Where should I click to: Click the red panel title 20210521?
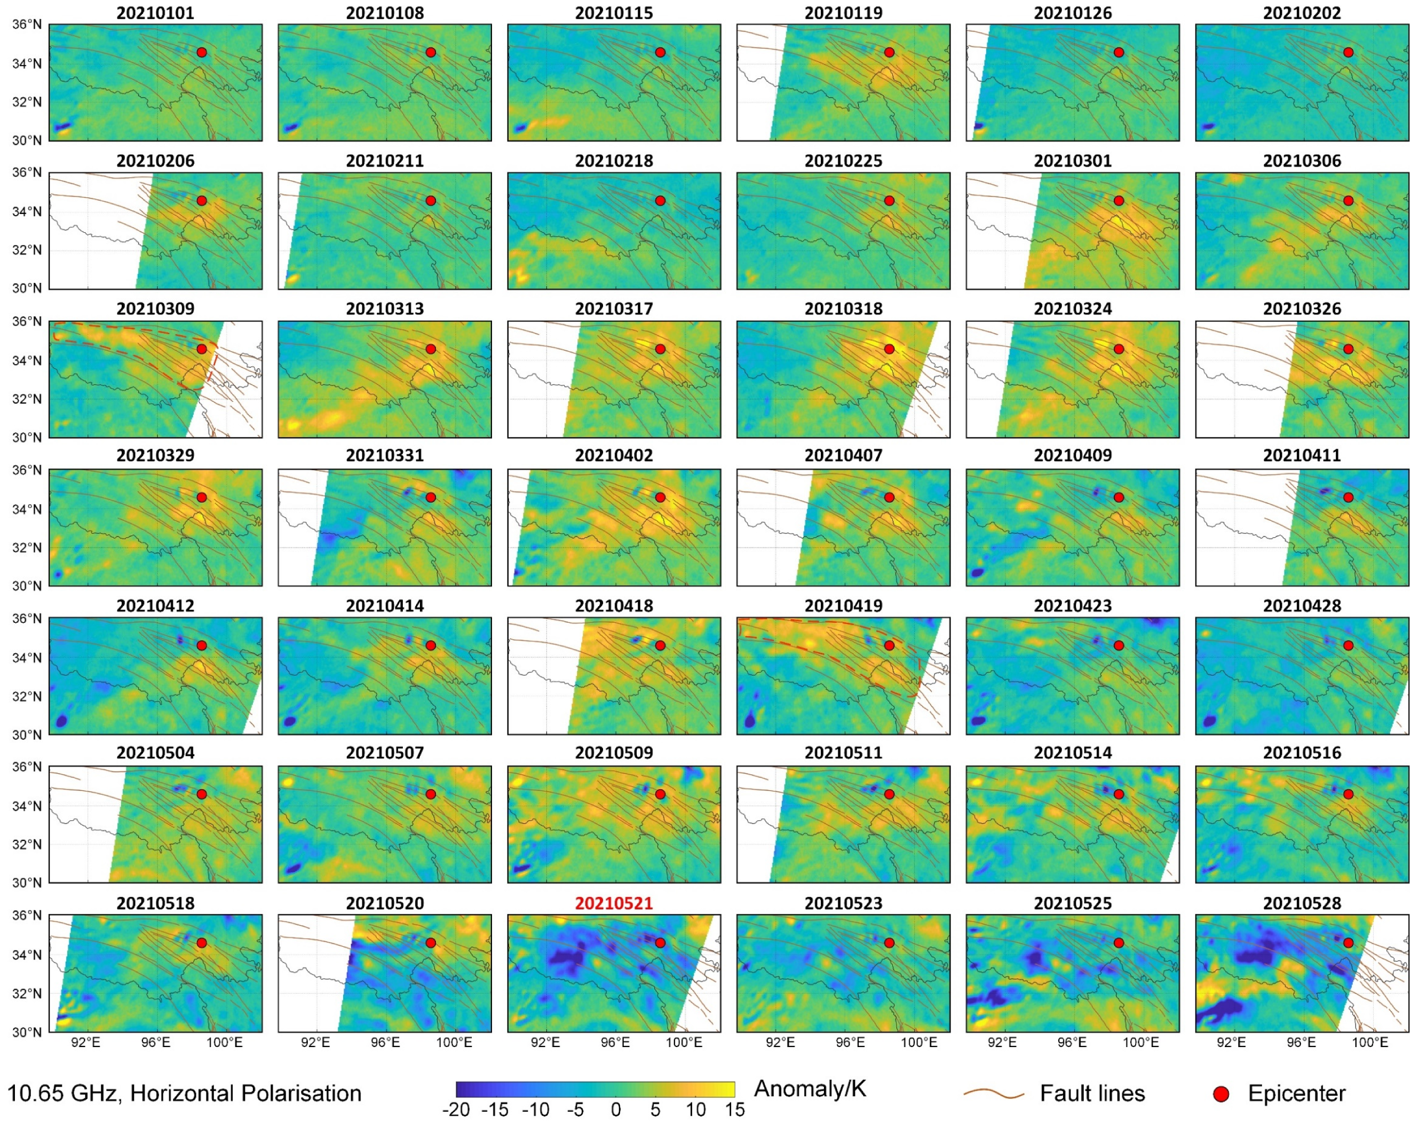(x=613, y=903)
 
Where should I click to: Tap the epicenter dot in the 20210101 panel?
(x=201, y=52)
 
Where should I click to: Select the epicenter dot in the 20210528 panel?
(x=1348, y=942)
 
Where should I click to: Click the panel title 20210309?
(x=155, y=308)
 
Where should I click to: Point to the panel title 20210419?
(x=843, y=606)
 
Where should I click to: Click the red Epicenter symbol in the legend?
(x=1221, y=1094)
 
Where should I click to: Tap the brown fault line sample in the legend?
(x=993, y=1094)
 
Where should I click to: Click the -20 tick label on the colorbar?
(x=456, y=1111)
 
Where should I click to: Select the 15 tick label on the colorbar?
(x=734, y=1111)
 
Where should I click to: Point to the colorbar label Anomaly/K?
(x=810, y=1089)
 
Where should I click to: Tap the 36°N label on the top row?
(x=27, y=25)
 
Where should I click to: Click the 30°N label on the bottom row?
(x=27, y=1032)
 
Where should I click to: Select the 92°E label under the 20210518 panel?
(x=86, y=1042)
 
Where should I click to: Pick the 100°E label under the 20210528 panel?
(x=1370, y=1042)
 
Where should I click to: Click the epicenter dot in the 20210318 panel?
(x=889, y=349)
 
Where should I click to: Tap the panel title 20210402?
(x=613, y=456)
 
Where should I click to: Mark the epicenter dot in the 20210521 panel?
(x=660, y=942)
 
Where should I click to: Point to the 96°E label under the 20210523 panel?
(x=850, y=1042)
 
